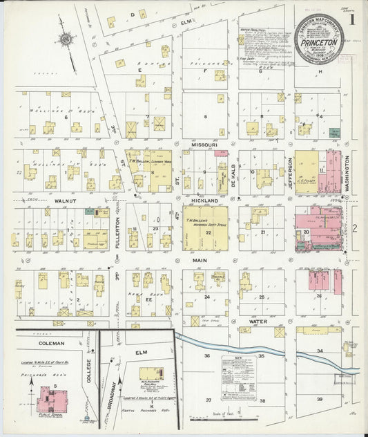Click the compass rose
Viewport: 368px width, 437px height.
click(x=66, y=40)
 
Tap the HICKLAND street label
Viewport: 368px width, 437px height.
click(x=205, y=199)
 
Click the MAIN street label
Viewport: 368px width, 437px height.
click(x=200, y=260)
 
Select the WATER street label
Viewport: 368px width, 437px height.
click(x=258, y=322)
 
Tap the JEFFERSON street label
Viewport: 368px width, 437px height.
click(x=291, y=171)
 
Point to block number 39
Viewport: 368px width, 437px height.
click(x=320, y=400)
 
